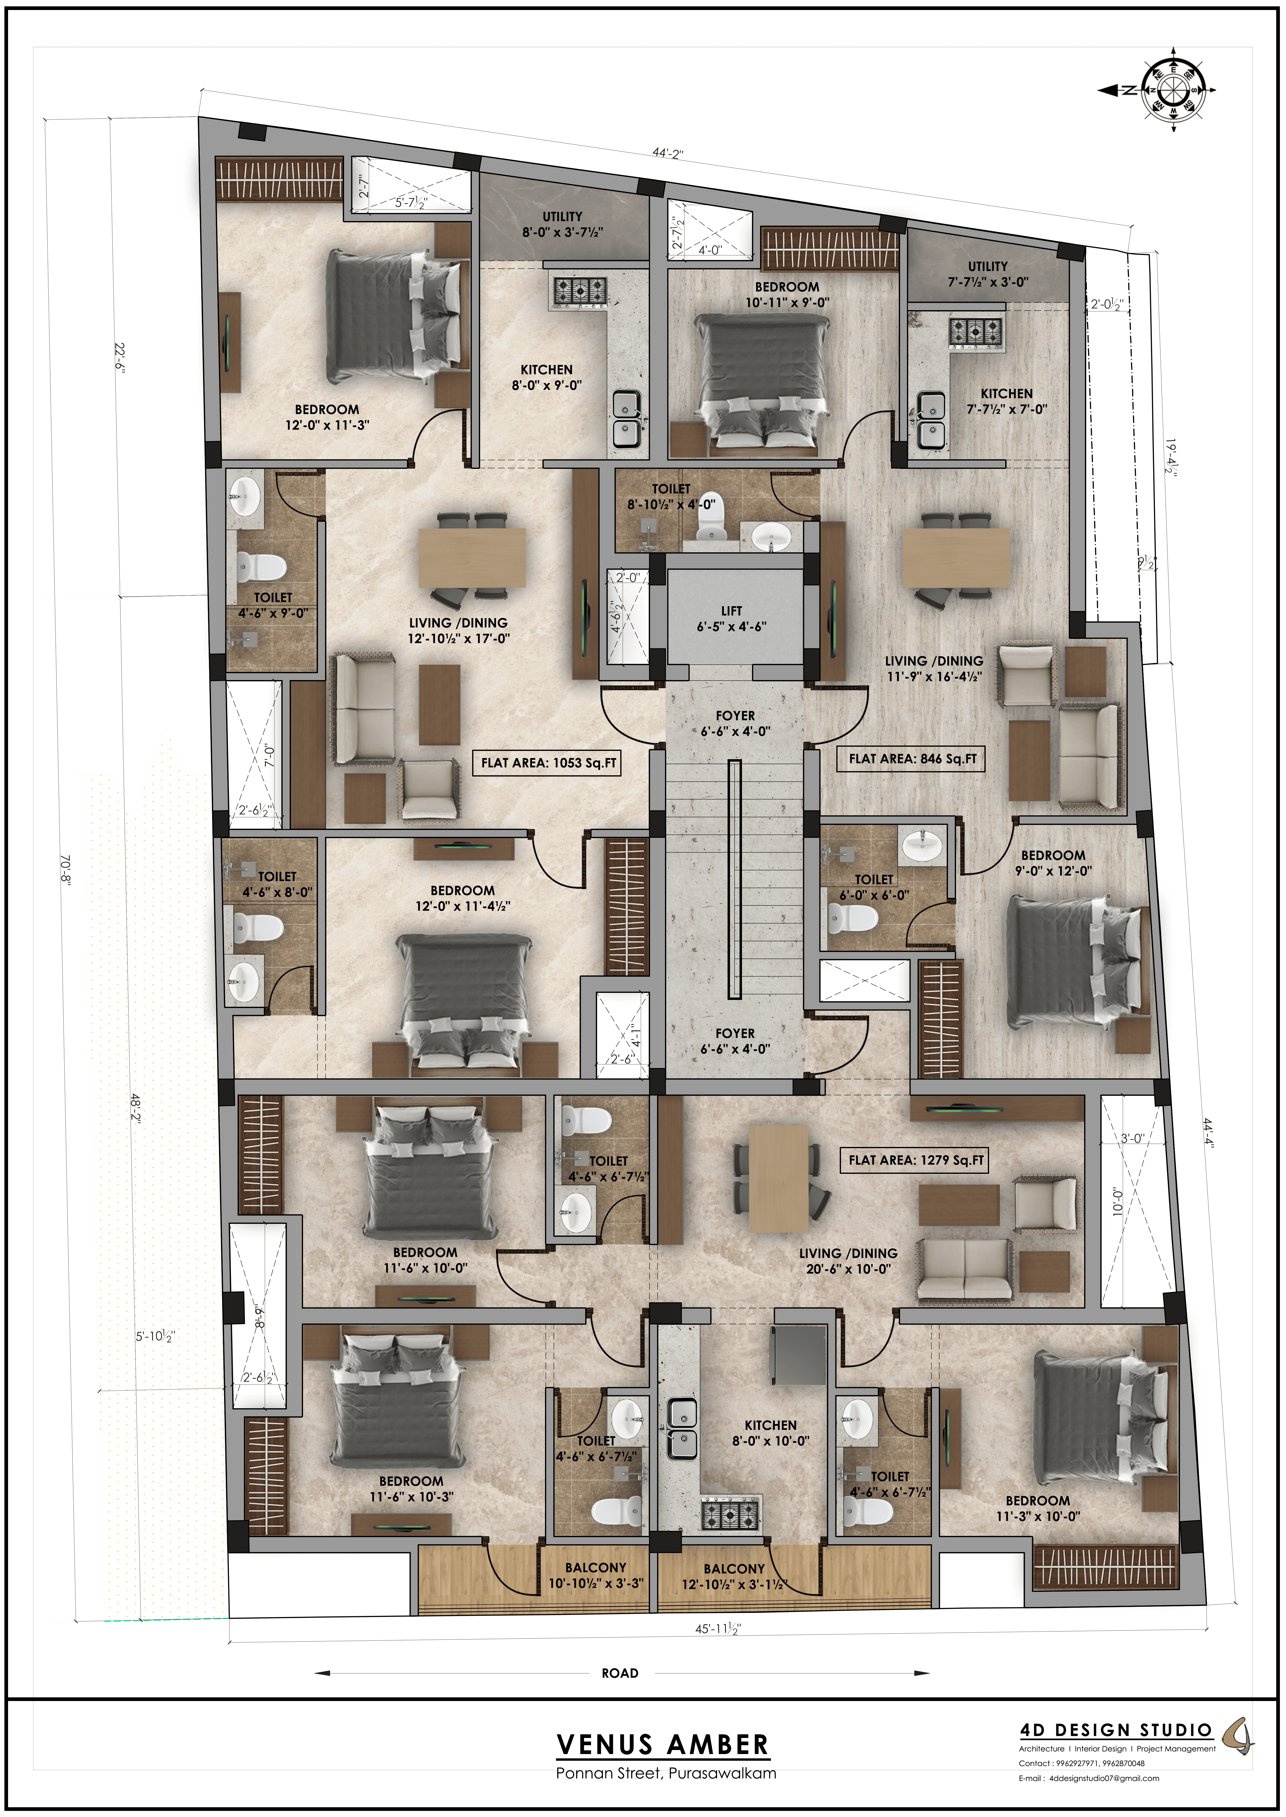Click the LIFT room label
pyautogui.click(x=732, y=618)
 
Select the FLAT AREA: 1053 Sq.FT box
pyautogui.click(x=549, y=763)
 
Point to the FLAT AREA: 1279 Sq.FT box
pyautogui.click(x=916, y=1160)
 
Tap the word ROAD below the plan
pyautogui.click(x=620, y=1673)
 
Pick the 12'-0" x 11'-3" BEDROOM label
pyautogui.click(x=327, y=417)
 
